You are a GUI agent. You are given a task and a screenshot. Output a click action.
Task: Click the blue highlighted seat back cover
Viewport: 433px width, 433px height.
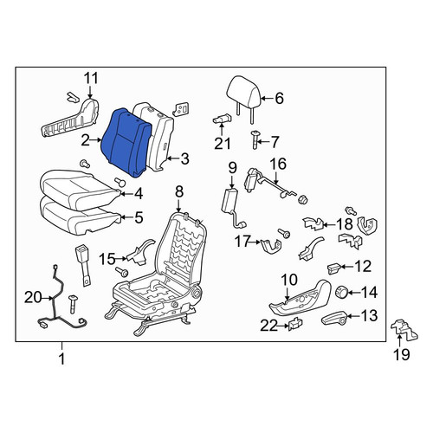pyautogui.click(x=126, y=142)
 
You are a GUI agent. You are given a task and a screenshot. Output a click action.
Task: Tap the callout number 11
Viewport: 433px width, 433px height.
pyautogui.click(x=91, y=78)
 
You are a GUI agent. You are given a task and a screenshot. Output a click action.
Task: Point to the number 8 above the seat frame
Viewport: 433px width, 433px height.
pyautogui.click(x=179, y=191)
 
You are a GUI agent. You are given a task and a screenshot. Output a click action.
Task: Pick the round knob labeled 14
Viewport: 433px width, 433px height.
pyautogui.click(x=341, y=293)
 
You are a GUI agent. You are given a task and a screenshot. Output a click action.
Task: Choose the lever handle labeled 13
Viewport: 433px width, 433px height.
pyautogui.click(x=333, y=319)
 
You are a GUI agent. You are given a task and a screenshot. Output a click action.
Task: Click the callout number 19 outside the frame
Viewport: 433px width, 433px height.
pyautogui.click(x=402, y=354)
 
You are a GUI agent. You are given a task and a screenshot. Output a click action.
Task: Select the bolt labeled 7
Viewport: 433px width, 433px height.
pyautogui.click(x=255, y=139)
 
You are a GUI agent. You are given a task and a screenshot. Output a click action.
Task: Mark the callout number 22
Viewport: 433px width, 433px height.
pyautogui.click(x=268, y=326)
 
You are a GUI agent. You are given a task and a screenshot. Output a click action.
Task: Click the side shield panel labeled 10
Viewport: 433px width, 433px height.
pyautogui.click(x=301, y=301)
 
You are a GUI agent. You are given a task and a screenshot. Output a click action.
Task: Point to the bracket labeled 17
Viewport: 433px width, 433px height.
pyautogui.click(x=270, y=246)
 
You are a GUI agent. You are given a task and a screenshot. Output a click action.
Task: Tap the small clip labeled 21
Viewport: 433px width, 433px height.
pyautogui.click(x=223, y=119)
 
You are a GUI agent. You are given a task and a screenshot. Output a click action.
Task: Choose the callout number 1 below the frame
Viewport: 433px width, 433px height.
pyautogui.click(x=61, y=359)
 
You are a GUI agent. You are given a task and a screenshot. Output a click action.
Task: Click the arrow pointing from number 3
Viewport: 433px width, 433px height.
pyautogui.click(x=173, y=158)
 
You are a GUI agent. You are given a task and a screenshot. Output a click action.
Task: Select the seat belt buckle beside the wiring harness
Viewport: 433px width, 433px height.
pyautogui.click(x=83, y=265)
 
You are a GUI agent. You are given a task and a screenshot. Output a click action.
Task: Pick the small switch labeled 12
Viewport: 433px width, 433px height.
pyautogui.click(x=333, y=268)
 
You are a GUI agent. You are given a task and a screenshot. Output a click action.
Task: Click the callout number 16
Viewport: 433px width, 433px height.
pyautogui.click(x=278, y=164)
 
